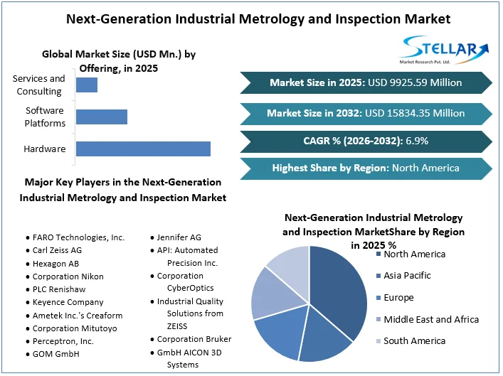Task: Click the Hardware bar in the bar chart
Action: coord(143,149)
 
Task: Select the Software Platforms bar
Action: coord(102,117)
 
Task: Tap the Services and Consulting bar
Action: coord(87,85)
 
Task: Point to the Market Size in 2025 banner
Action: coord(366,83)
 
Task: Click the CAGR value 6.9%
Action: coord(417,141)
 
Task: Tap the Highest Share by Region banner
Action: coord(366,168)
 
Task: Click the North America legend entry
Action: coord(414,254)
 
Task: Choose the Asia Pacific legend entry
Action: coord(407,276)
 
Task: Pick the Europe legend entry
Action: coord(398,298)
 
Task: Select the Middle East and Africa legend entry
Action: coord(430,320)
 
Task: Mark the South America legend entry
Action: coord(414,341)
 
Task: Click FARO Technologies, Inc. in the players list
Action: coord(78,237)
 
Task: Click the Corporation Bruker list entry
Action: coord(194,339)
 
